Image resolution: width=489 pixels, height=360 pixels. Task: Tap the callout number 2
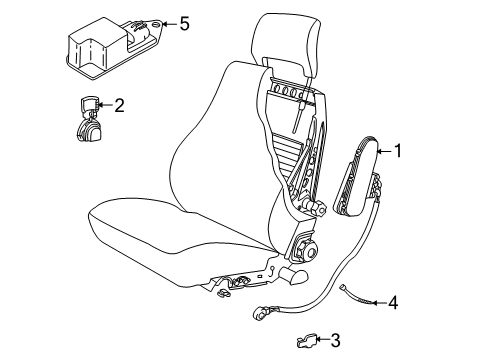[x=119, y=104]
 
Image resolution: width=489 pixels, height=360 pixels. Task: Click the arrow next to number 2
[x=103, y=104]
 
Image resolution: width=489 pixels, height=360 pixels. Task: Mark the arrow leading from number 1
[x=382, y=152]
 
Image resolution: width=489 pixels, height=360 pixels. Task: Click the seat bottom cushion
[x=170, y=240]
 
